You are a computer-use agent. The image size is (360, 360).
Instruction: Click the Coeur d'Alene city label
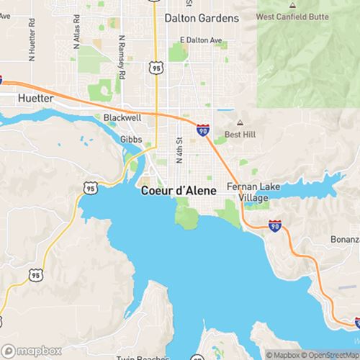[172, 191]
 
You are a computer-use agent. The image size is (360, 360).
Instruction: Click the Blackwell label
[122, 116]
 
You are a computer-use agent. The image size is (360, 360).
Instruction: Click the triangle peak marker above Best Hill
[240, 122]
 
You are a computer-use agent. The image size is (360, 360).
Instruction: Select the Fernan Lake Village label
[248, 192]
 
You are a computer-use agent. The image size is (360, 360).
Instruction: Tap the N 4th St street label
[178, 150]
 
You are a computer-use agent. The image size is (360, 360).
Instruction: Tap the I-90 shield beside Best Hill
[204, 130]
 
